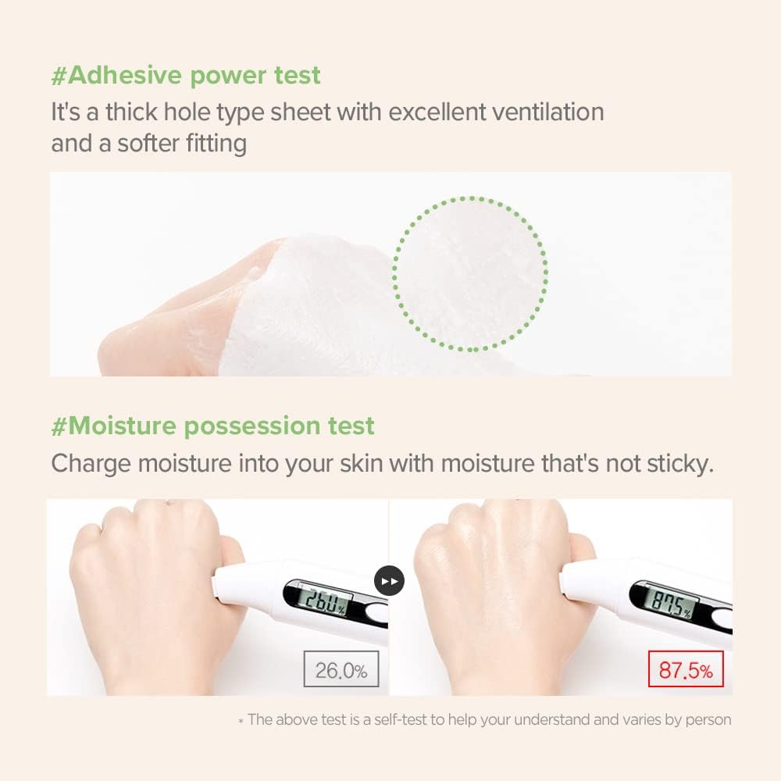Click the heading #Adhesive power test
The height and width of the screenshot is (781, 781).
pyautogui.click(x=186, y=76)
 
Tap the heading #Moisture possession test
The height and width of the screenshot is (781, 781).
pyautogui.click(x=212, y=426)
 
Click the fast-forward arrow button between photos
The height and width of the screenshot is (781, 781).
pyautogui.click(x=390, y=581)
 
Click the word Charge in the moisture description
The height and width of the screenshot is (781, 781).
pyautogui.click(x=91, y=463)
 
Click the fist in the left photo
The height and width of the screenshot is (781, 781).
pyautogui.click(x=148, y=578)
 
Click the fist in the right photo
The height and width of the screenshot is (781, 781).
pyautogui.click(x=492, y=578)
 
